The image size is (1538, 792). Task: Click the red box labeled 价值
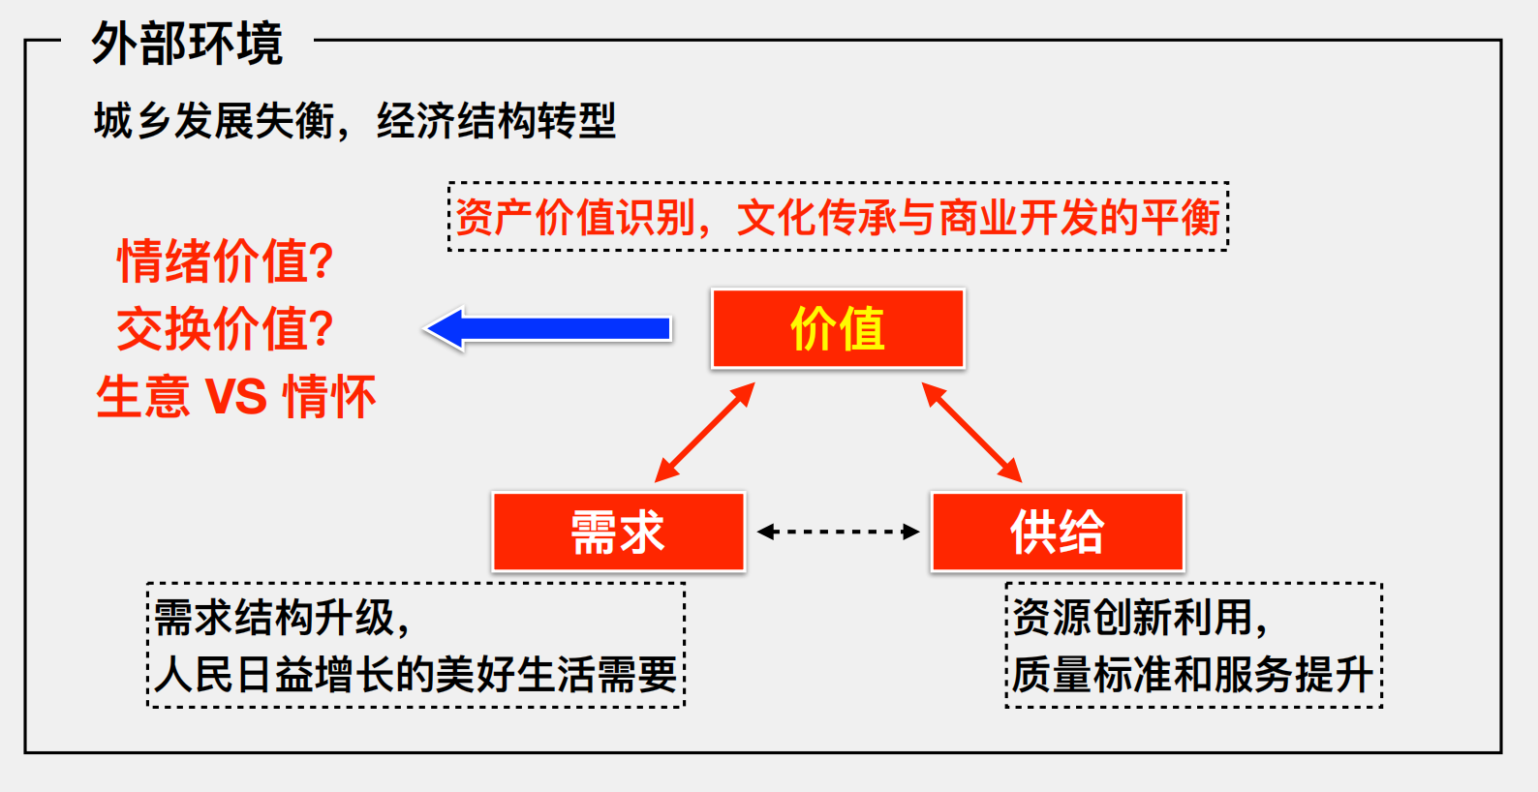[x=838, y=329]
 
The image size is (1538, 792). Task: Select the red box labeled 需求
[x=619, y=532]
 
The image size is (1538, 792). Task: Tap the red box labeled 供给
[x=1058, y=532]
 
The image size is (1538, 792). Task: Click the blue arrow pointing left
[x=547, y=329]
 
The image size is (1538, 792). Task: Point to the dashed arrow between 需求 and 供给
[x=838, y=532]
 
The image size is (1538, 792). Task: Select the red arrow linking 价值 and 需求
[x=704, y=433]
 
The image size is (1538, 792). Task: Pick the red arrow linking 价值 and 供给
[x=971, y=433]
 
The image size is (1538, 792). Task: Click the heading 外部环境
[x=187, y=44]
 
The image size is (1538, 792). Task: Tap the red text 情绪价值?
[x=226, y=261]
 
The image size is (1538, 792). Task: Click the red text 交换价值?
[x=226, y=329]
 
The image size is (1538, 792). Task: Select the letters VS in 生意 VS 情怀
[x=236, y=397]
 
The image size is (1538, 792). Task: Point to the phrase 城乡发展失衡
[x=214, y=121]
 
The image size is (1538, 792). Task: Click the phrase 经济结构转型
[x=497, y=121]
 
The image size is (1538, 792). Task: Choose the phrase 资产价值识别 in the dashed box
[x=575, y=218]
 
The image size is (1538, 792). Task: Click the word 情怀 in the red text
[x=329, y=397]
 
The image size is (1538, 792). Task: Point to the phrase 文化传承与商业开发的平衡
[x=978, y=218]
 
